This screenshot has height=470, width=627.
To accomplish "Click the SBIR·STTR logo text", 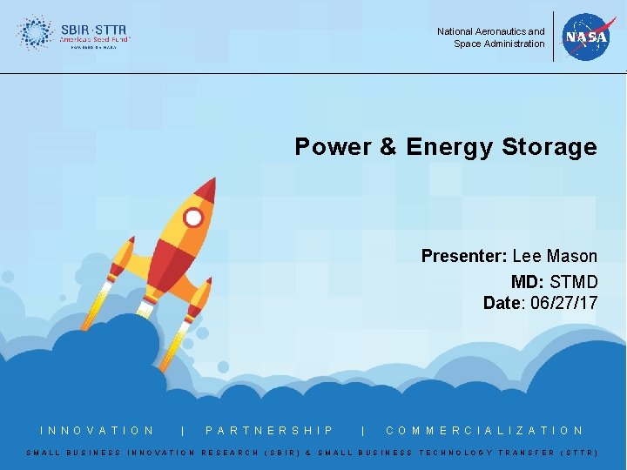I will [x=94, y=29].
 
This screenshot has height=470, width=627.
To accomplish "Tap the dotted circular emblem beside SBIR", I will [x=35, y=33].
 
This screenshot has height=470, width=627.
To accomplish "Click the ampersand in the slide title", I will [x=388, y=146].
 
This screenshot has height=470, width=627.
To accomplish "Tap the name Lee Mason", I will [x=555, y=256].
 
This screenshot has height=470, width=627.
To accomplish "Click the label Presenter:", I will [x=464, y=256].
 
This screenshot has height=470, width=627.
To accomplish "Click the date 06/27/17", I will [x=562, y=303].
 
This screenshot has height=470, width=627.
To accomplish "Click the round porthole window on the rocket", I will [x=194, y=218].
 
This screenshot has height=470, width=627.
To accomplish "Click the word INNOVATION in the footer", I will [x=98, y=430].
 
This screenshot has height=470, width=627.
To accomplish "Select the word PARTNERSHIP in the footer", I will [x=270, y=430].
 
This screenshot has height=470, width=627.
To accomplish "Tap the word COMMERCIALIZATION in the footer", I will [x=484, y=430].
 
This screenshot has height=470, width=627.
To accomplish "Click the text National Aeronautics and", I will [x=491, y=31].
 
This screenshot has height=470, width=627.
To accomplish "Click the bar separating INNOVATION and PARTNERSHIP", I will [x=181, y=430].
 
